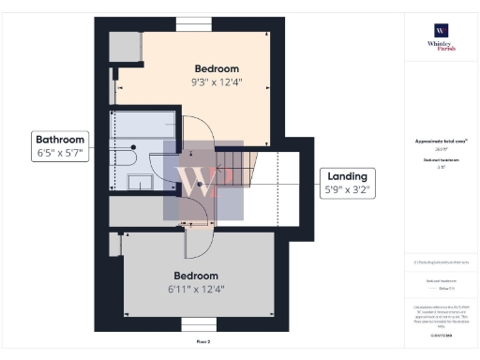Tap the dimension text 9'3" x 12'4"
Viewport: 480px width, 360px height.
[217, 82]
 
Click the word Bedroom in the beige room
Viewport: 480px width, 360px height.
[217, 68]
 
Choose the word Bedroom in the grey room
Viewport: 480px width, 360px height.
[196, 276]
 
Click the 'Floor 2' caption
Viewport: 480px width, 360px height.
[202, 342]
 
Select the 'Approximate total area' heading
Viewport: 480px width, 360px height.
[441, 141]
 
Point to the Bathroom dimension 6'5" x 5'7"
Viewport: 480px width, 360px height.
[61, 155]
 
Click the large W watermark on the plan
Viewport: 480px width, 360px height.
[196, 181]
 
